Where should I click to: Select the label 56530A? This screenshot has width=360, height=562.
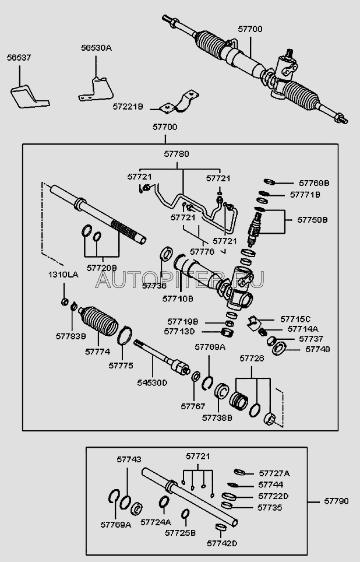point(96,50)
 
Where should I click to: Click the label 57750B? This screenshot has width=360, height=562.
point(313,220)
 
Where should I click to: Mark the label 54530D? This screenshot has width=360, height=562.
point(151,382)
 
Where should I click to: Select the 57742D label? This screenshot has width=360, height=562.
point(222,543)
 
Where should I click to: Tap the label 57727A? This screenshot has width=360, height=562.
point(273,473)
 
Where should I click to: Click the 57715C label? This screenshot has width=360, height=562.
point(295,319)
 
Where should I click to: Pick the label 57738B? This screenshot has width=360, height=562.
point(217,417)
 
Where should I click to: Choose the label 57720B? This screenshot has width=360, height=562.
point(102,268)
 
